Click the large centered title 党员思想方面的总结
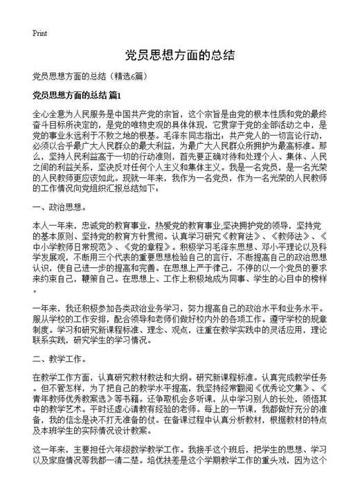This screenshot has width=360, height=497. tap(179, 55)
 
